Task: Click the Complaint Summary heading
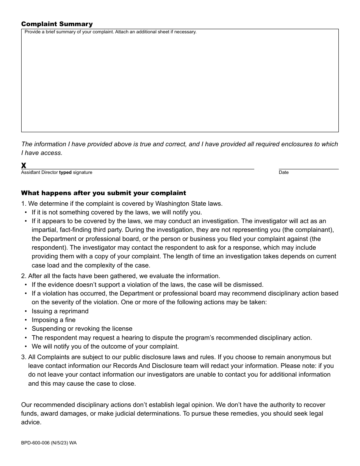pos(57,24)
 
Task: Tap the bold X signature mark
pos(23,166)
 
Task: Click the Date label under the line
pos(283,172)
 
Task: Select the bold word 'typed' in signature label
pos(65,172)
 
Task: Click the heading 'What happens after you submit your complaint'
pos(103,193)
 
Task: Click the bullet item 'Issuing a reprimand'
pos(60,311)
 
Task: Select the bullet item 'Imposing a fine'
pos(53,320)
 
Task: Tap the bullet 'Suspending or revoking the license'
pos(82,328)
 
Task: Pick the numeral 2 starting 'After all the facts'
pos(23,276)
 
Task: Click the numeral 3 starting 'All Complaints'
pos(23,357)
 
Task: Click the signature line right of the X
pos(140,168)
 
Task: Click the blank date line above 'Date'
pos(308,168)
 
